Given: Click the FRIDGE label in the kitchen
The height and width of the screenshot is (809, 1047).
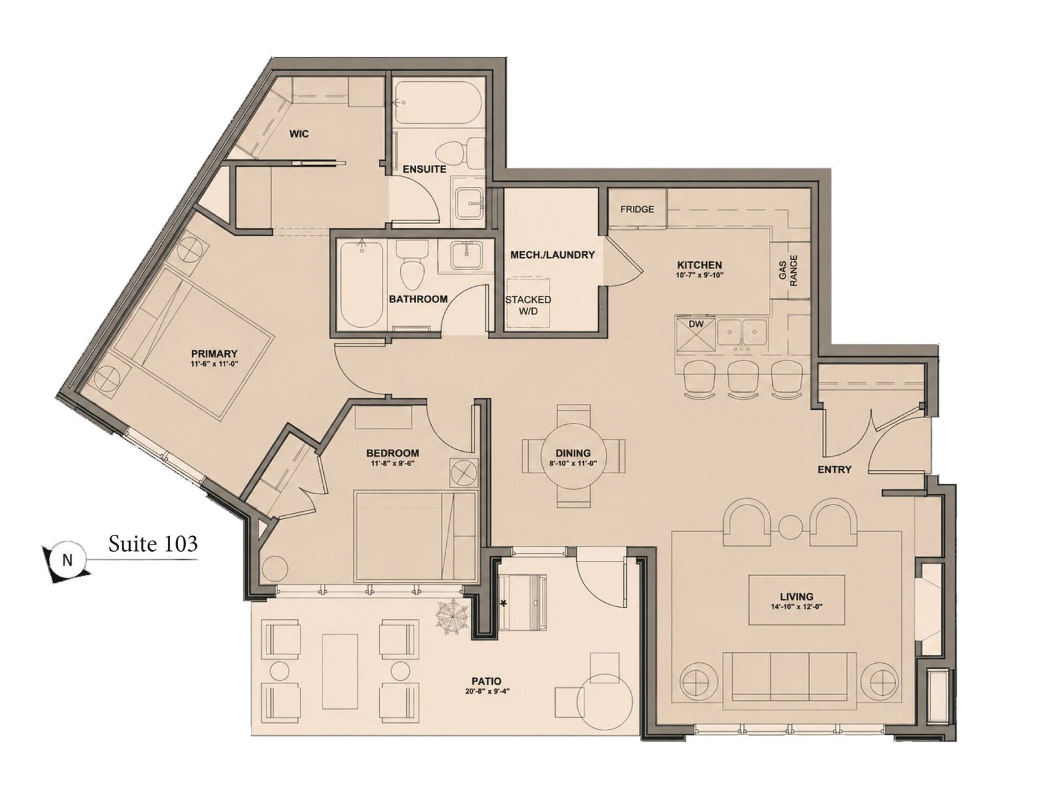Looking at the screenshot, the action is point(637,209).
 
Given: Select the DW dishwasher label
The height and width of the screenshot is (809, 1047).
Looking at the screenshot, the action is point(696,324).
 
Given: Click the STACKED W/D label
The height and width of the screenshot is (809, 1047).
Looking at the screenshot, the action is point(527,306).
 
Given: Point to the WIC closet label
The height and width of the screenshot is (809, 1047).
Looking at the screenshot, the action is point(299,134).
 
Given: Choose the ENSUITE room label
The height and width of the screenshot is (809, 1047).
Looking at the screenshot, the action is point(424,170).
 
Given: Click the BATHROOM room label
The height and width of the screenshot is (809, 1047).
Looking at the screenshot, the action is point(418,299).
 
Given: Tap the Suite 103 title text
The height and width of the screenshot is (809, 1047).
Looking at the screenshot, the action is point(152,544).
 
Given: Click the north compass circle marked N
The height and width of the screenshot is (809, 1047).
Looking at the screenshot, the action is point(67,560).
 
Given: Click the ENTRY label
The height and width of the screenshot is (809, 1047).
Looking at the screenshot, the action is point(834,469).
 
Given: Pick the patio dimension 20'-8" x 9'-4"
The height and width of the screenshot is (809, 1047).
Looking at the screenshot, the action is point(487,691).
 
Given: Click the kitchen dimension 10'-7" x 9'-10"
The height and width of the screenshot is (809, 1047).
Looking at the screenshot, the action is point(700,276).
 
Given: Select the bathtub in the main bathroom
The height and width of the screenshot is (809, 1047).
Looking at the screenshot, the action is point(361,285).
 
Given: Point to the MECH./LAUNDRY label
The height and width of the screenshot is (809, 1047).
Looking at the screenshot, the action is point(552,255).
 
